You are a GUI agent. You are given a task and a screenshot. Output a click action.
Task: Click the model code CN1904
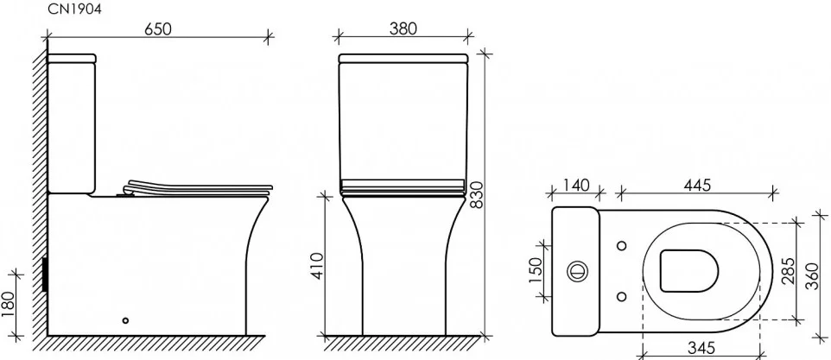tap(74, 9)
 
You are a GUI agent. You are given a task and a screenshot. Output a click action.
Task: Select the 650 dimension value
tap(158, 29)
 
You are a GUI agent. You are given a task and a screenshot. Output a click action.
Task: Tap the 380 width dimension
tap(403, 28)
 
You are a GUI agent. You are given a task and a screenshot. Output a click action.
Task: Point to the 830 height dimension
tap(477, 195)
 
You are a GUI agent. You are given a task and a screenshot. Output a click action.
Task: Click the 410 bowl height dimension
tap(316, 266)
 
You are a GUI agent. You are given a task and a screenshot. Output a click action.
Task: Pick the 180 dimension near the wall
tap(9, 305)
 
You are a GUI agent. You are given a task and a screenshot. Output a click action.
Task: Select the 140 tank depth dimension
tap(575, 186)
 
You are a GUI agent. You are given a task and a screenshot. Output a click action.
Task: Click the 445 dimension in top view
tap(697, 186)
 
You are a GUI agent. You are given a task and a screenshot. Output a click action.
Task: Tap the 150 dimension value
tap(536, 270)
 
